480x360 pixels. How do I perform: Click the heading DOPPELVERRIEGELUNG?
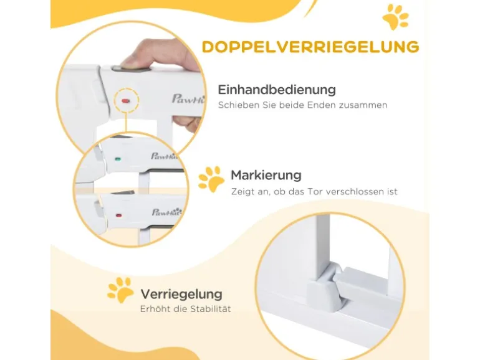tap(310, 47)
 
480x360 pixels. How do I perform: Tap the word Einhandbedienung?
tap(277, 90)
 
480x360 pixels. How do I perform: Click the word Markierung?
tap(266, 175)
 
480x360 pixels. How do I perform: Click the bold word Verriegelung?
tap(181, 294)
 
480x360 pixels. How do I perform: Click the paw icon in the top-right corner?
tap(395, 17)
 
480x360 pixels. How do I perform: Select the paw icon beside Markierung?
tap(211, 179)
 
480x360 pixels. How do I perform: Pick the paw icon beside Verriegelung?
tap(120, 290)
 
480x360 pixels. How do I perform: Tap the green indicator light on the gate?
tap(118, 159)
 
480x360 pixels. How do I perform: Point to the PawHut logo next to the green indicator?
tap(164, 156)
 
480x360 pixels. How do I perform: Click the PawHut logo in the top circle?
tap(188, 99)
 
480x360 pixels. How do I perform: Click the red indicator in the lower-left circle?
tap(118, 216)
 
